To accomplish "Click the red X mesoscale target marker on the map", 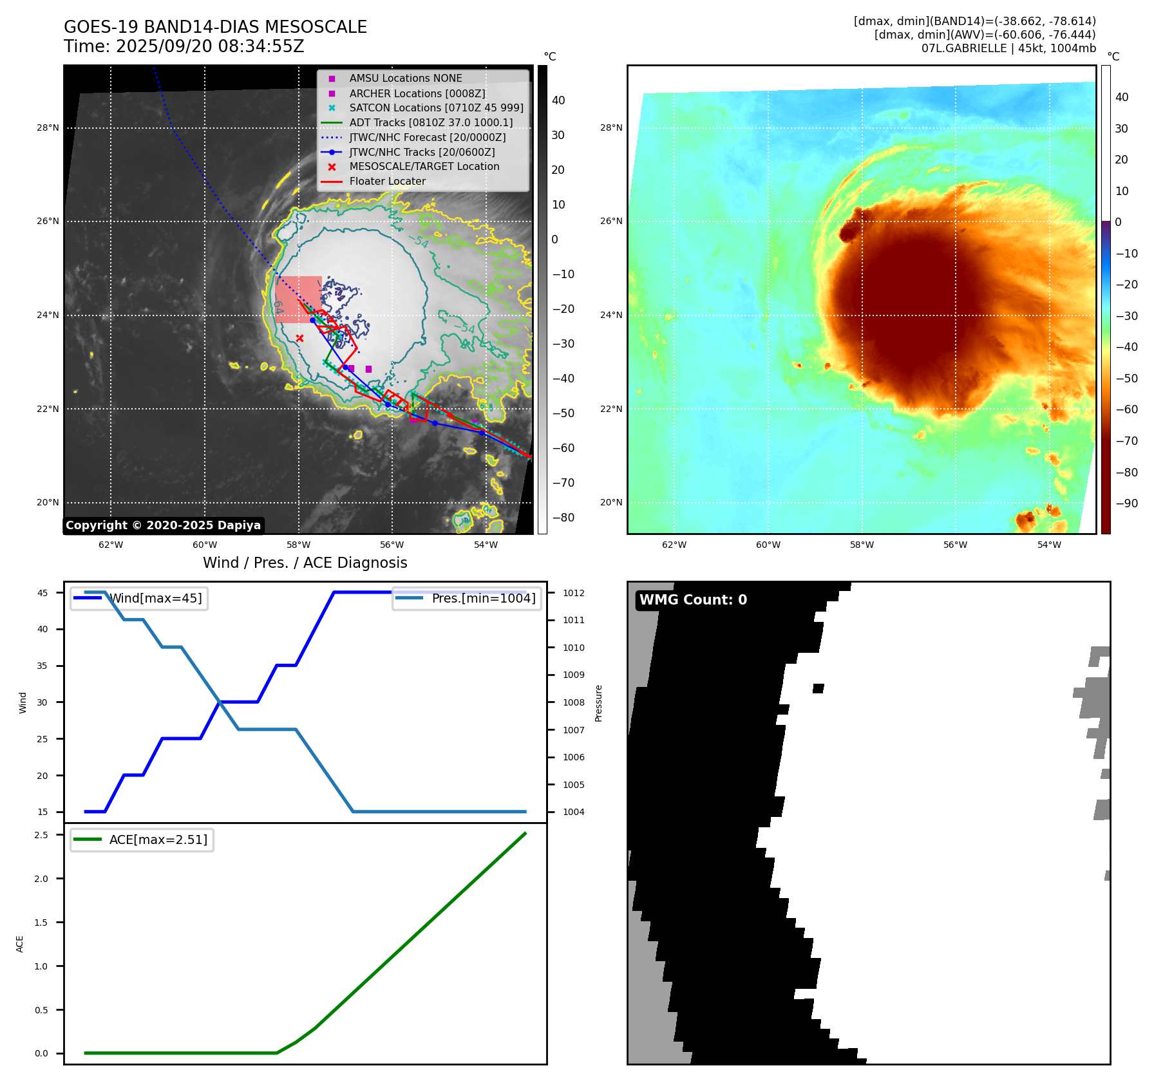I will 299,338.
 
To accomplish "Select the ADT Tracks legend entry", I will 430,122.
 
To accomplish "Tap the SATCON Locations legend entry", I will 435,108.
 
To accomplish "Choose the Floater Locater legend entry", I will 387,181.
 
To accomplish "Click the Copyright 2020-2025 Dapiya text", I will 163,525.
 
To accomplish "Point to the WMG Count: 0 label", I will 693,600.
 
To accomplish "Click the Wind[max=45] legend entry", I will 155,598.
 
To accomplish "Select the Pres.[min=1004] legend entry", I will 483,598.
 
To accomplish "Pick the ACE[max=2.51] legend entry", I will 158,839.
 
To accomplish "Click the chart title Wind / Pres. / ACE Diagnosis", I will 305,563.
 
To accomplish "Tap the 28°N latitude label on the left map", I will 48,127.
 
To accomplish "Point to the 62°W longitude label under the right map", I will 674,545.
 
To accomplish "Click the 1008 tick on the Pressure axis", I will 574,702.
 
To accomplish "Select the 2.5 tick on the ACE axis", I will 41,835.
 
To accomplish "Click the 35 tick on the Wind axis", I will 43,666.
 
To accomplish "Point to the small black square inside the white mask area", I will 818,688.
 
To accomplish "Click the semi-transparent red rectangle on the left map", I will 298,299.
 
